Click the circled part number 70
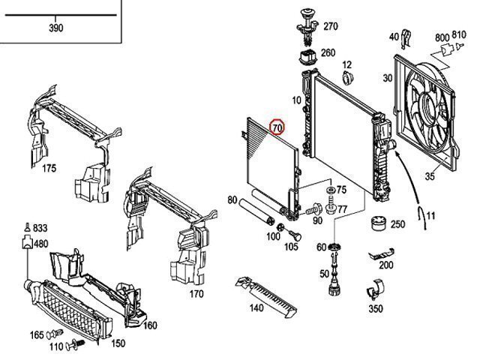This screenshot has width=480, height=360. click(277, 127)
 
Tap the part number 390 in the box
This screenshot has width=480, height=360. click(55, 28)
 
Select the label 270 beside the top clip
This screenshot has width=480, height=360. click(331, 25)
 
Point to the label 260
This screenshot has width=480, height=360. click(328, 53)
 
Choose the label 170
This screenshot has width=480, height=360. click(196, 293)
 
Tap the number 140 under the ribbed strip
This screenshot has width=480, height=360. click(257, 307)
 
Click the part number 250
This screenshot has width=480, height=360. click(397, 224)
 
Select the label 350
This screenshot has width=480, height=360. click(375, 308)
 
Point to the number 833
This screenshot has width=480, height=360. click(40, 229)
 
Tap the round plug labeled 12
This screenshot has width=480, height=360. click(346, 79)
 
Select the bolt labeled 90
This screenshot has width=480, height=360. click(309, 211)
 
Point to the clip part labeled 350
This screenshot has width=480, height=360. click(376, 289)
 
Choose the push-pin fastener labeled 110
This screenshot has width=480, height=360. click(73, 346)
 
